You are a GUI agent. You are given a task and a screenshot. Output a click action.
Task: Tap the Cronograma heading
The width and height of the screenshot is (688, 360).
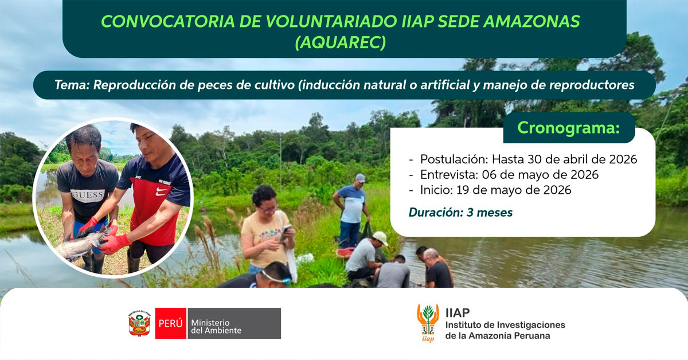pos(568,128)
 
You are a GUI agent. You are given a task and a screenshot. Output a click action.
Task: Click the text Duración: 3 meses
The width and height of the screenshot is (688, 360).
pos(460,213)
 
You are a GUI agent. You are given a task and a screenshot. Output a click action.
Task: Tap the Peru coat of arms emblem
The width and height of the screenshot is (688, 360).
pos(139,324)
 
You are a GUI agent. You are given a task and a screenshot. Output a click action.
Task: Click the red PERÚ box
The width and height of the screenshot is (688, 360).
pos(171,324)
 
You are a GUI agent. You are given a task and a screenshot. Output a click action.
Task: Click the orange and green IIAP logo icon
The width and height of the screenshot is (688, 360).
pos(428,323)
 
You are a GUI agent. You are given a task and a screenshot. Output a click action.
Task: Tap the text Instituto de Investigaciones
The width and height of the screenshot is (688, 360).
pos(505,325)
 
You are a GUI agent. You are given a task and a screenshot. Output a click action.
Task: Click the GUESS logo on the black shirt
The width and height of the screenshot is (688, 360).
pos(88,195)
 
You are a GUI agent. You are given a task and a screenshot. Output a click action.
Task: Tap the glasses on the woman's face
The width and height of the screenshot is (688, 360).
pos(267,209)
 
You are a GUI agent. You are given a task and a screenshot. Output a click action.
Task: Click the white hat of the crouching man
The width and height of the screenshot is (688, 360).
pos(380,237)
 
